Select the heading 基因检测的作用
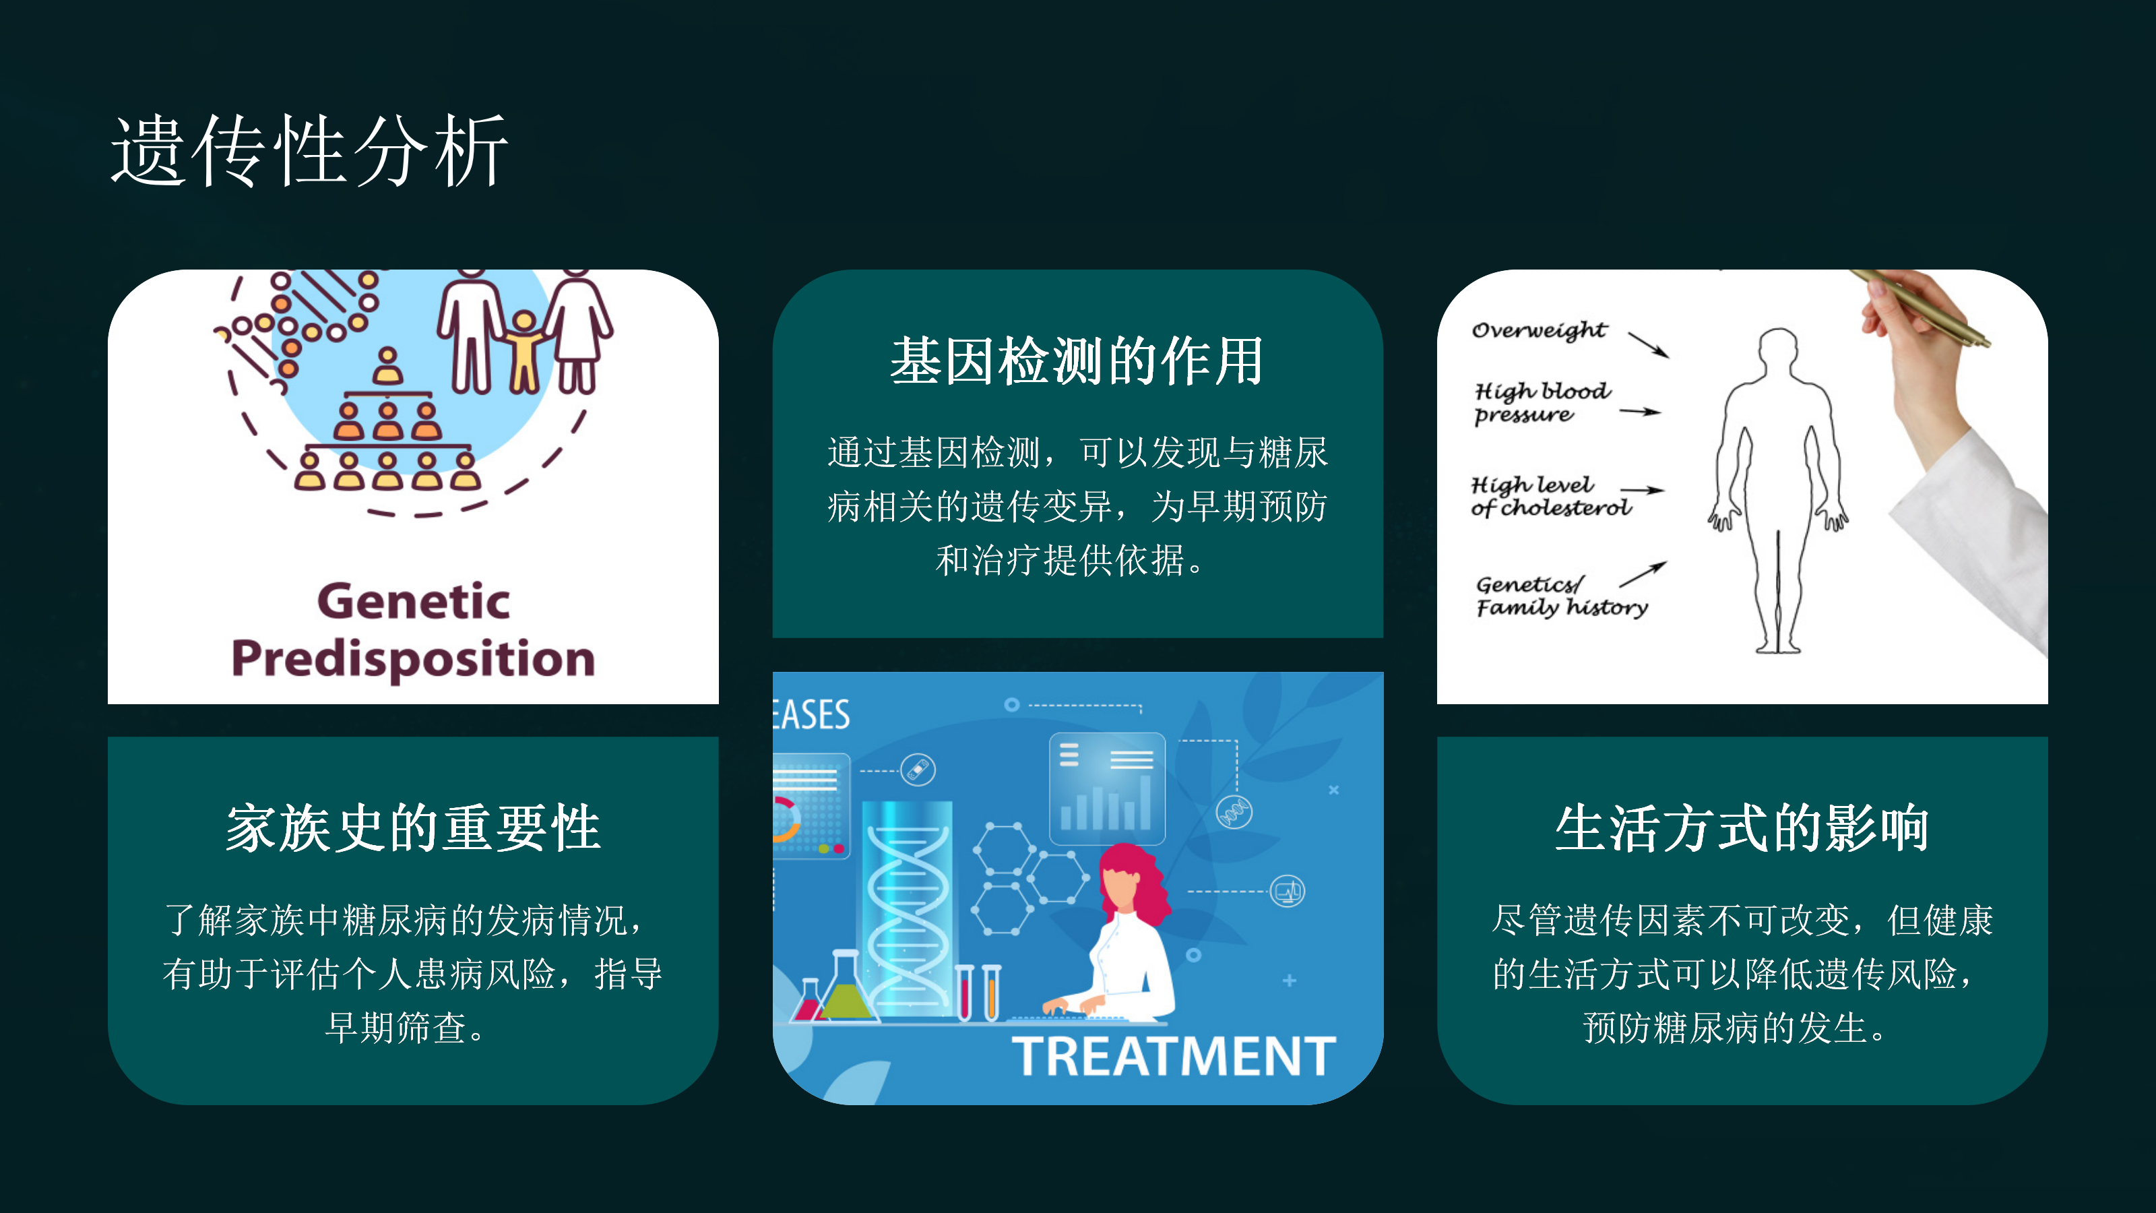coord(1077,362)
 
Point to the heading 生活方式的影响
coord(1742,829)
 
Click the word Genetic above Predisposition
coord(414,601)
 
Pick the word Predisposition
coord(414,659)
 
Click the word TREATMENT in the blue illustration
coord(1174,1057)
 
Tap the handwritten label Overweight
coord(1539,331)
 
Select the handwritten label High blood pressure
coord(1542,404)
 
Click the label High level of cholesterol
coord(1551,497)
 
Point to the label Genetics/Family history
coord(1562,596)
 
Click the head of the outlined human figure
coord(1778,348)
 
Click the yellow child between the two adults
coord(525,352)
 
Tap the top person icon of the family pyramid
coord(387,366)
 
